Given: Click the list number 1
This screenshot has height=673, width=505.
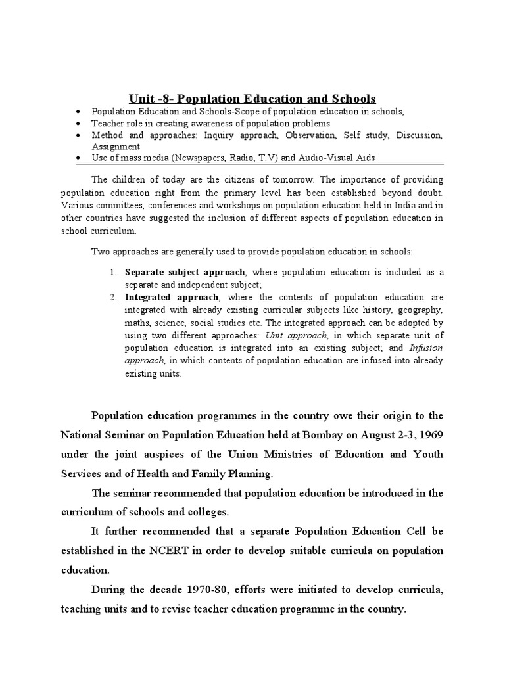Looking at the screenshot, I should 112,272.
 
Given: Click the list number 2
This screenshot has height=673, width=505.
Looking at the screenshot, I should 112,296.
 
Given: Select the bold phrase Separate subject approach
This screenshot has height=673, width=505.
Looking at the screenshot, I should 185,272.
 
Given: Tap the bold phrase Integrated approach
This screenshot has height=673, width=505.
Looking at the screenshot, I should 167,296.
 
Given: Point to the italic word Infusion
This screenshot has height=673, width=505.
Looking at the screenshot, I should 425,348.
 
